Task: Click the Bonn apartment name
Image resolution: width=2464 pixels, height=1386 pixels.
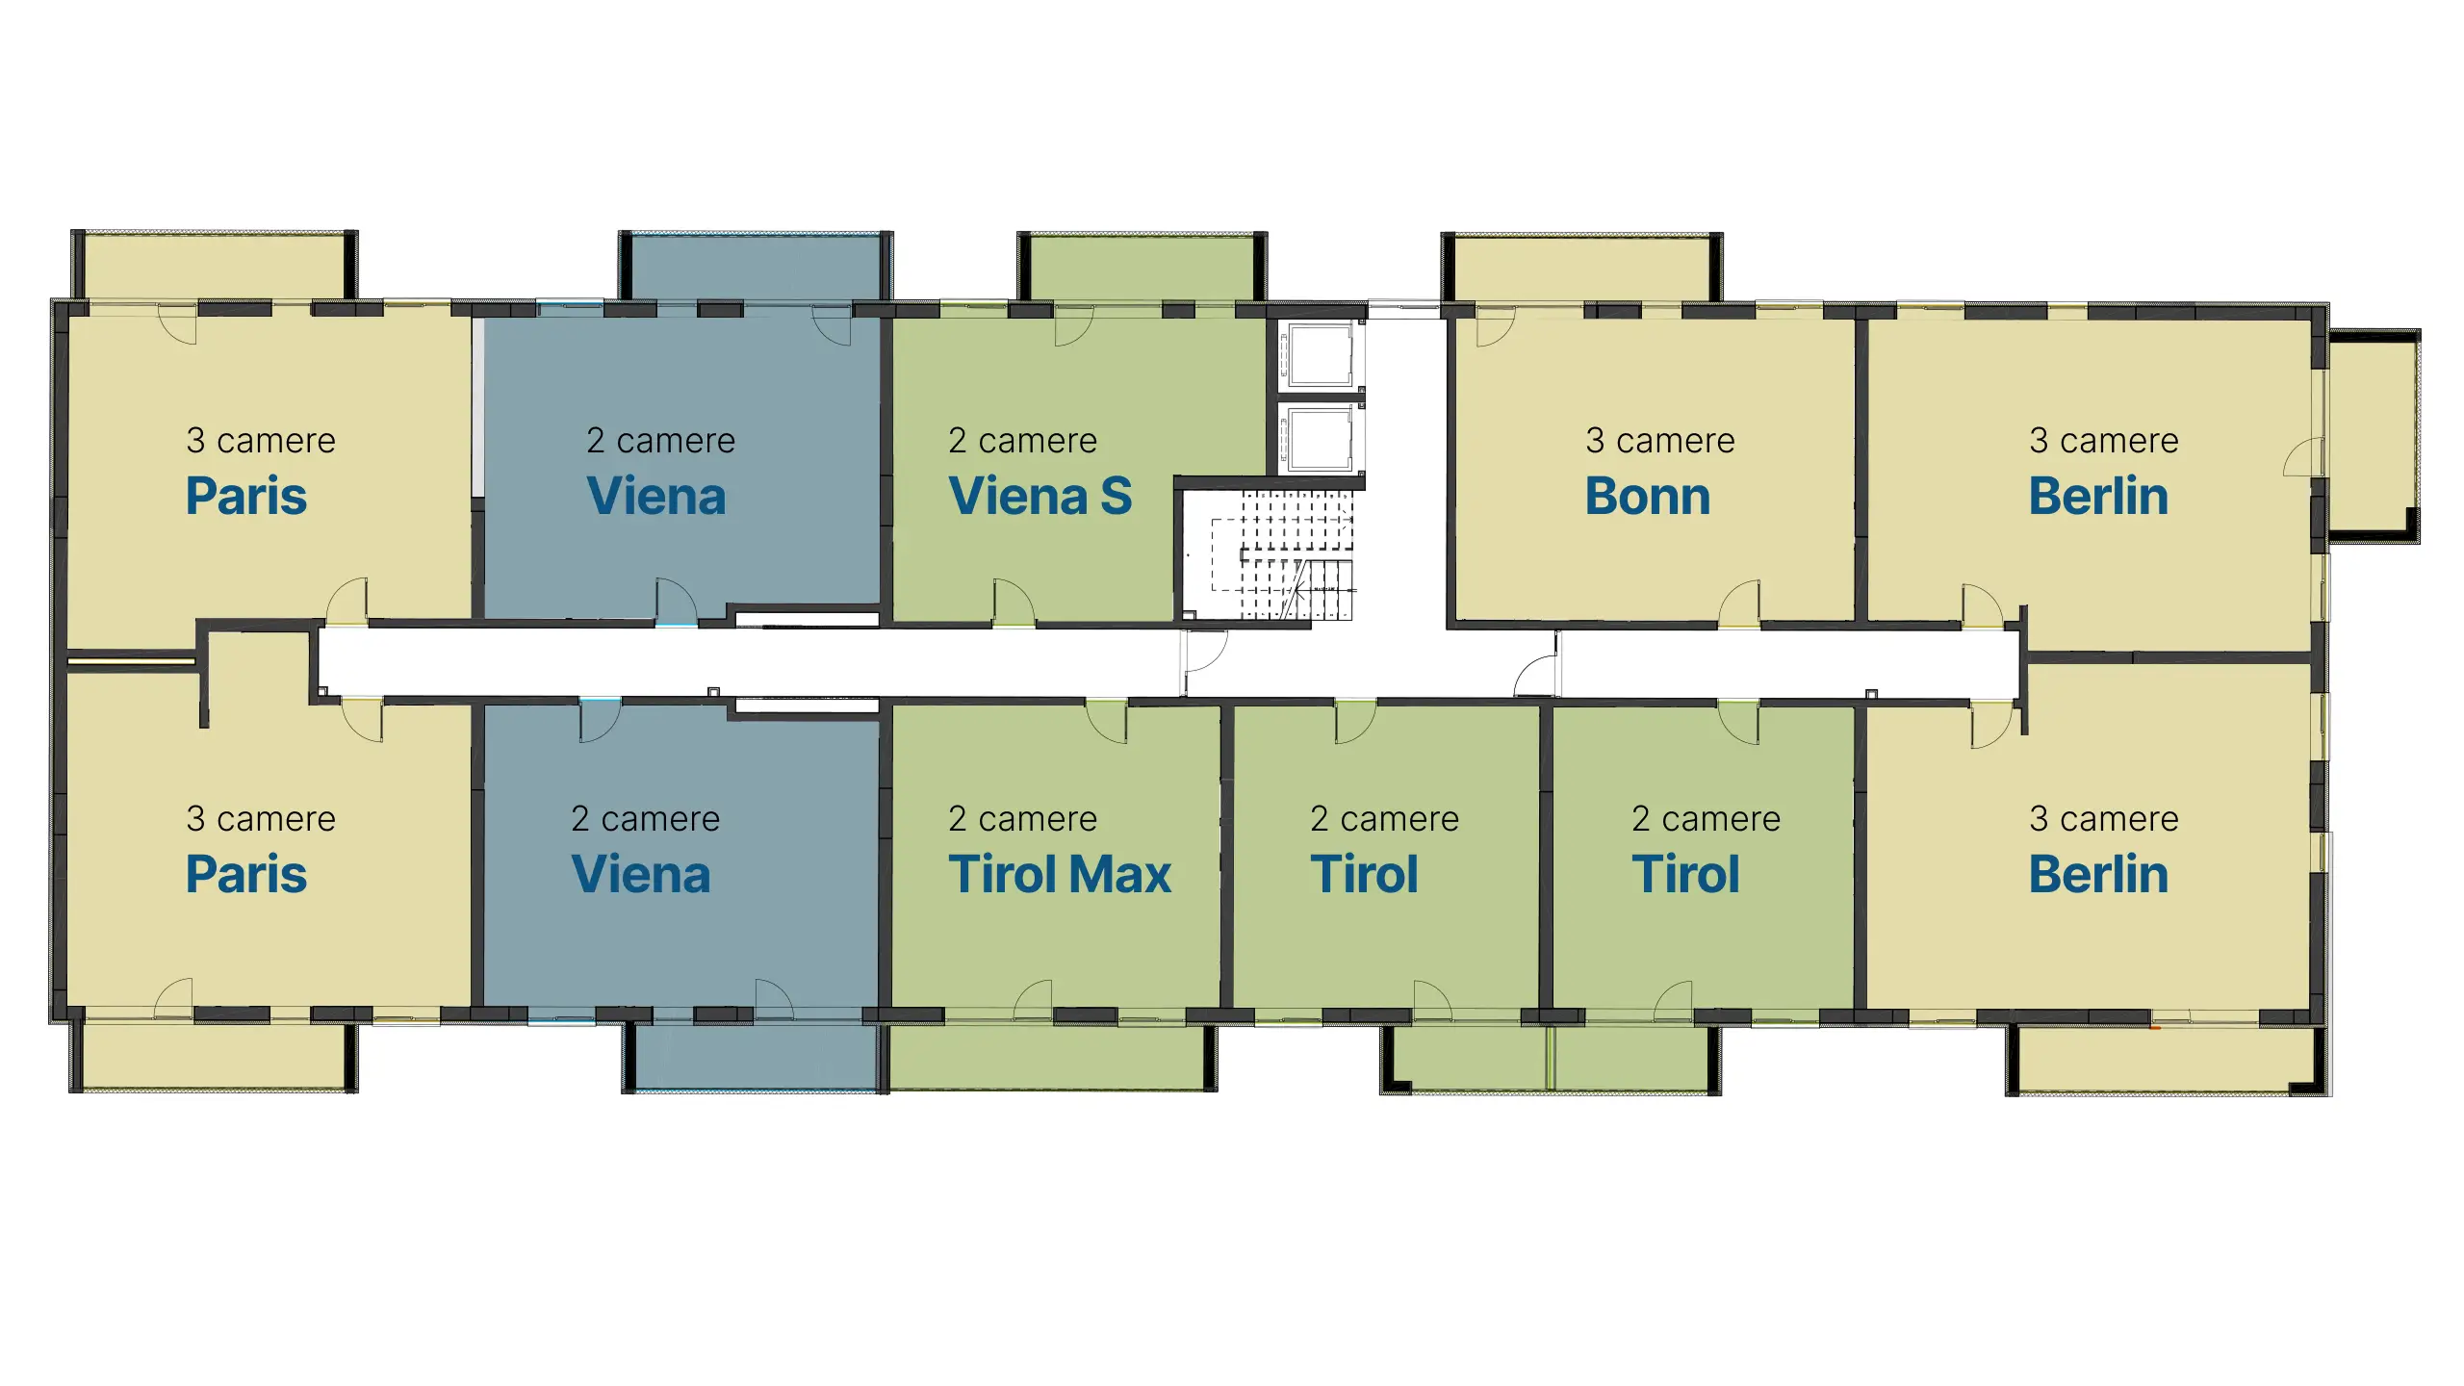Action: (1648, 497)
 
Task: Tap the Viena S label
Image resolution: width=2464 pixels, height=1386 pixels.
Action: (1040, 497)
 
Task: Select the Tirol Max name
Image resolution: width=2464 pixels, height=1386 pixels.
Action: (1060, 874)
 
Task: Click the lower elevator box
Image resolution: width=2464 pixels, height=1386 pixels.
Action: (1321, 439)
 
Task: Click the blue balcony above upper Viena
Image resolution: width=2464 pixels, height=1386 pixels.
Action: (756, 268)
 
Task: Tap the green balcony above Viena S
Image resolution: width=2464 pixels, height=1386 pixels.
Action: (1142, 268)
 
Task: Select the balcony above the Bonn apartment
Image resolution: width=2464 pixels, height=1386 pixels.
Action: (1581, 269)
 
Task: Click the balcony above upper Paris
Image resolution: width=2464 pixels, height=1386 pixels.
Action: (215, 266)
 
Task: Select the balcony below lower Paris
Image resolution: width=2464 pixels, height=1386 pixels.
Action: (214, 1057)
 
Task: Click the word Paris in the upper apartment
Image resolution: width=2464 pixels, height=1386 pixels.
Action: (246, 497)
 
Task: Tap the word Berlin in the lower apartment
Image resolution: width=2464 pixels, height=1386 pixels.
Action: (2098, 874)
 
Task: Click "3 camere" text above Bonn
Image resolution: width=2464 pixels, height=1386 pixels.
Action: (1660, 440)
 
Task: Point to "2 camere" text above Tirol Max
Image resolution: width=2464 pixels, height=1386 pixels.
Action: (1022, 818)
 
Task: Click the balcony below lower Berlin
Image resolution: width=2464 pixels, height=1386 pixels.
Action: (2168, 1060)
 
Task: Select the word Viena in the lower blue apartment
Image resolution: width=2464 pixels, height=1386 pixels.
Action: (641, 874)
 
